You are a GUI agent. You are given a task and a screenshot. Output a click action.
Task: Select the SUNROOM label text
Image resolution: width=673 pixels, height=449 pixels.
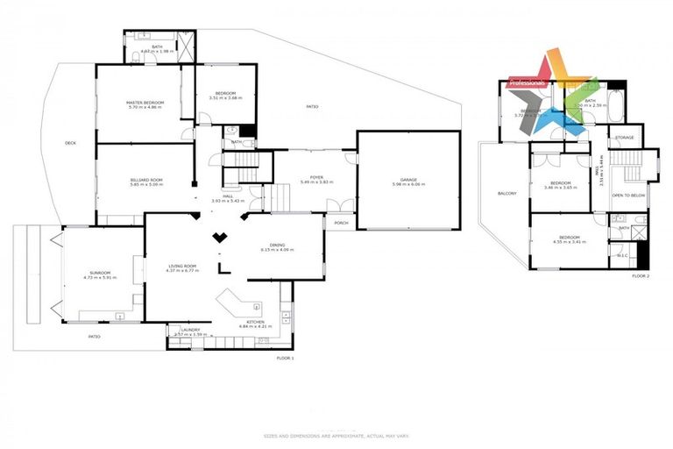99,272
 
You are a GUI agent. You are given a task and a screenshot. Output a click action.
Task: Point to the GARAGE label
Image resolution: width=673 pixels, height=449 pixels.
408,180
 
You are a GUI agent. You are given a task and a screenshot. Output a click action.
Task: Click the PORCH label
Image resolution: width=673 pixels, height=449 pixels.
341,223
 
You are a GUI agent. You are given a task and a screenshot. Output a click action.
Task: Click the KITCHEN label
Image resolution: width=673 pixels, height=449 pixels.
255,322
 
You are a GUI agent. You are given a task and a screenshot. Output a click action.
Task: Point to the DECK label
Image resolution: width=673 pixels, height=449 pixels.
70,143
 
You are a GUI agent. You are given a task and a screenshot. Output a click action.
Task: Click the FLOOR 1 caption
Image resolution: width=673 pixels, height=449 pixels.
286,358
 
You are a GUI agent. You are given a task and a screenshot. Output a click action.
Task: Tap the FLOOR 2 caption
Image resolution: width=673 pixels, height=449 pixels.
641,276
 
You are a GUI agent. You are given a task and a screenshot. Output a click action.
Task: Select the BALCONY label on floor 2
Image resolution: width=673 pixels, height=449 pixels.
507,193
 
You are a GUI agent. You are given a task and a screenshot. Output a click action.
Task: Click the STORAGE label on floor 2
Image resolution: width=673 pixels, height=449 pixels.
624,138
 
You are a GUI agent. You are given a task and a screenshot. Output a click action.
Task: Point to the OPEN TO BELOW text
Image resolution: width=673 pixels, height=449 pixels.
627,195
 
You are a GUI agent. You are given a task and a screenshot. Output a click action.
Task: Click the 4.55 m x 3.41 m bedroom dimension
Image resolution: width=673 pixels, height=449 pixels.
570,242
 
